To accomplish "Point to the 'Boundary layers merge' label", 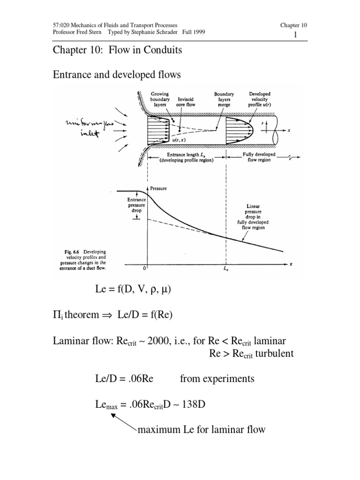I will [x=224, y=99].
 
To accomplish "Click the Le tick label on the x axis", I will [x=226, y=271].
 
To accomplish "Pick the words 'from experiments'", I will [x=217, y=379].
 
